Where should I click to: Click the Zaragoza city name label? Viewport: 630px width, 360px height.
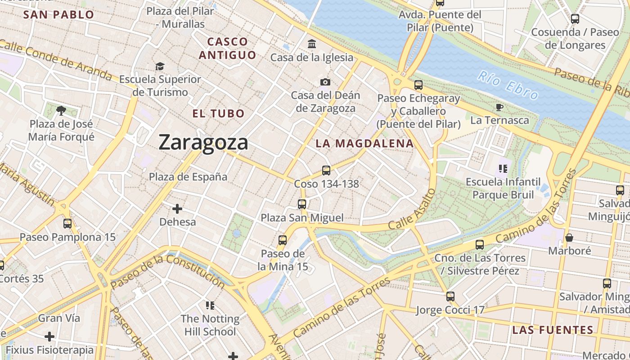[203, 143]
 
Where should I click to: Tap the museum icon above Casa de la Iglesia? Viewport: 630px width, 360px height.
[311, 44]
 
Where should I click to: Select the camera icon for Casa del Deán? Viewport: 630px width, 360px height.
[325, 82]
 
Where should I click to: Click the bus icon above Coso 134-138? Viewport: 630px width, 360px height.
[326, 171]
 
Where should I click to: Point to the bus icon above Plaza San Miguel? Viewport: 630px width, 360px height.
[302, 204]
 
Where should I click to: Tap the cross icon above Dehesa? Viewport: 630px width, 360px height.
[177, 209]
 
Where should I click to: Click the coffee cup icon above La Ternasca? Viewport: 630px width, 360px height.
[499, 107]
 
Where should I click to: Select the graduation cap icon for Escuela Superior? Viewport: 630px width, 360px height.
[160, 67]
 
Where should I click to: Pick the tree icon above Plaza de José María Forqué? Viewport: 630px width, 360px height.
[61, 110]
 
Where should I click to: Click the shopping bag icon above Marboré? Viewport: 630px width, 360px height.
[569, 237]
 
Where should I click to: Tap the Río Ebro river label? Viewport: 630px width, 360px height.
[508, 85]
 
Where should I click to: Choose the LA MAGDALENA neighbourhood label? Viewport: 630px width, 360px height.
[364, 144]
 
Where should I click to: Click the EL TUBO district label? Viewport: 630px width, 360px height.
[218, 113]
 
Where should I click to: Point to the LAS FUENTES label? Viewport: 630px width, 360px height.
[553, 330]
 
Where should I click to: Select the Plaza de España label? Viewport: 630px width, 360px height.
[188, 177]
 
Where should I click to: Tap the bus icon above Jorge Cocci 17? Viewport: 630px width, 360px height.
[450, 297]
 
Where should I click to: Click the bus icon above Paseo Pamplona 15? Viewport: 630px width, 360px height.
[67, 224]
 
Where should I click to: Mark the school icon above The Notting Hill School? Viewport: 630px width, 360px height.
[210, 306]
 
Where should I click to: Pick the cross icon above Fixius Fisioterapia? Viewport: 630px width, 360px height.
[49, 337]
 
